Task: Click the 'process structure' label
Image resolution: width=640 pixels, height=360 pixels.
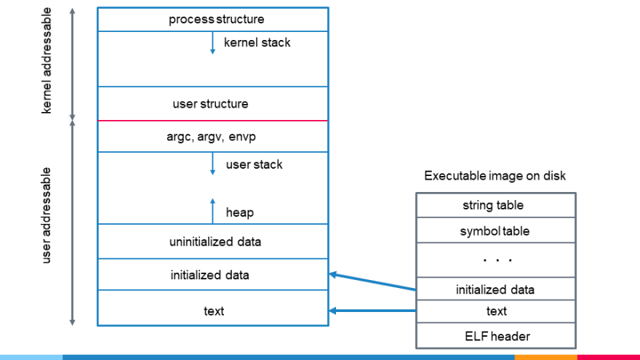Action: pyautogui.click(x=216, y=19)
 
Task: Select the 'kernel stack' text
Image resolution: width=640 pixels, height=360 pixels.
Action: pyautogui.click(x=257, y=42)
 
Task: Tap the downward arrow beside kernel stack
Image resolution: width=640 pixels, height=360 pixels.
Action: pyautogui.click(x=212, y=43)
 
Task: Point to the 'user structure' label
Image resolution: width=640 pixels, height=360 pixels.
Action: pyautogui.click(x=210, y=104)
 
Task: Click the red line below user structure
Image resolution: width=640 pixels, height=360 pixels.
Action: pyautogui.click(x=212, y=121)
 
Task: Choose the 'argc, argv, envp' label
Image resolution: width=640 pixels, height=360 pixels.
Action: pyautogui.click(x=211, y=136)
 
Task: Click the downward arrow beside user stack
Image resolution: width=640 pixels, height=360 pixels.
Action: pyautogui.click(x=212, y=164)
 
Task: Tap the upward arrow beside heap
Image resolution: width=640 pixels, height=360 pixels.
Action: pyautogui.click(x=212, y=211)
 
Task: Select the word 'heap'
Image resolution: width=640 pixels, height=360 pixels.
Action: pyautogui.click(x=240, y=212)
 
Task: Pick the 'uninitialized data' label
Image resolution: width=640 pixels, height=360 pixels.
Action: pyautogui.click(x=215, y=241)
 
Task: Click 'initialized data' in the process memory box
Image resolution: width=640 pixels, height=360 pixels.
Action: pyautogui.click(x=209, y=275)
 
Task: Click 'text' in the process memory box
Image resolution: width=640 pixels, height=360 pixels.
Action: pyautogui.click(x=214, y=311)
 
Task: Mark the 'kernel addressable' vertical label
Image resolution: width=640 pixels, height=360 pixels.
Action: pyautogui.click(x=47, y=60)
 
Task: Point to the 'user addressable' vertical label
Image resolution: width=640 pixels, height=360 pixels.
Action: pyautogui.click(x=47, y=215)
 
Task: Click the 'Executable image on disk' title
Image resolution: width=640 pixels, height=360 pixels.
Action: pyautogui.click(x=495, y=175)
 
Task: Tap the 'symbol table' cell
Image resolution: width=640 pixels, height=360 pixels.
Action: pyautogui.click(x=495, y=231)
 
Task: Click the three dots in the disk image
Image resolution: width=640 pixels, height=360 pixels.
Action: pyautogui.click(x=497, y=260)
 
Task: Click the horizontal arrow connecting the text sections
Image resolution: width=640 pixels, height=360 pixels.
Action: pyautogui.click(x=372, y=311)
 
